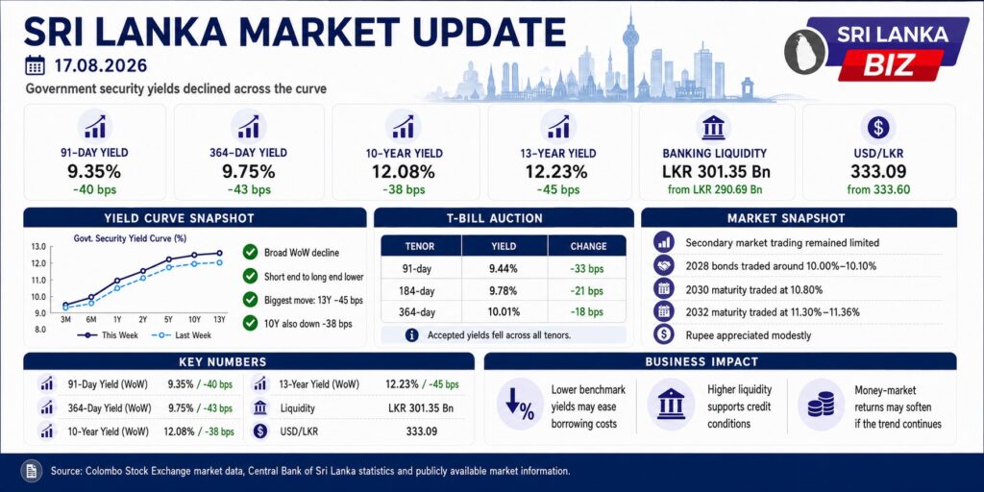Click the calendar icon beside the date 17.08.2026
36,65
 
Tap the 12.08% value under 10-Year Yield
405,171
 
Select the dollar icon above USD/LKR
878,128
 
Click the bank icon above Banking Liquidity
714,128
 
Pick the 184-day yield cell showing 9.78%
504,291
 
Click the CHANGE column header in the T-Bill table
588,246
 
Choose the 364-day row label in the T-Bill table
420,312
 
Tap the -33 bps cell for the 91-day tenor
587,269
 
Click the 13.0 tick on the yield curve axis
37,247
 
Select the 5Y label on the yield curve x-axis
169,320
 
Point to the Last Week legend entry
182,335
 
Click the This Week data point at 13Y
219,253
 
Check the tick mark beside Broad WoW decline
251,253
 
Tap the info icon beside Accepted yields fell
411,335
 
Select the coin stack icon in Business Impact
821,405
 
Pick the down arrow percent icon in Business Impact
519,405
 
